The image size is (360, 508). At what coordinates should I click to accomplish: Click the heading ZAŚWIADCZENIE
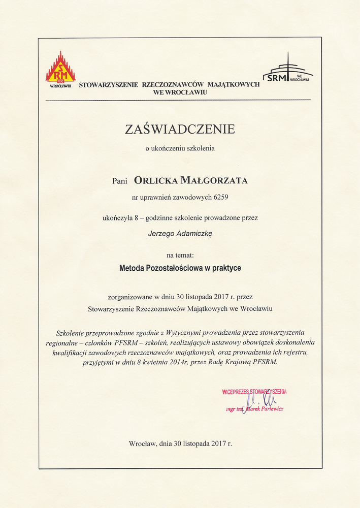pos(180,129)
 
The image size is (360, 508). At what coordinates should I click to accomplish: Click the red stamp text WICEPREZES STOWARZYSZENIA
pos(254,392)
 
